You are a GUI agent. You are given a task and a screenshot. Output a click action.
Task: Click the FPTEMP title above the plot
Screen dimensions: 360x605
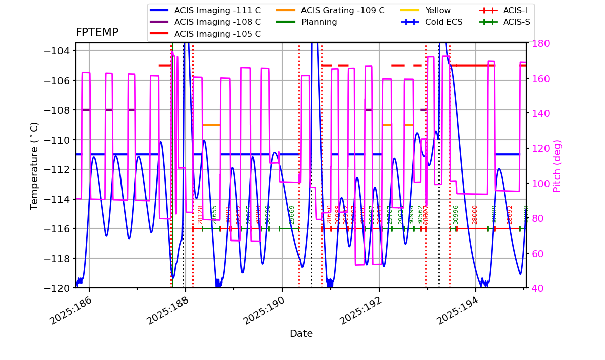pyautogui.click(x=97, y=33)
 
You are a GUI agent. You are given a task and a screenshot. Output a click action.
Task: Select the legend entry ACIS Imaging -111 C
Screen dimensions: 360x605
pyautogui.click(x=217, y=10)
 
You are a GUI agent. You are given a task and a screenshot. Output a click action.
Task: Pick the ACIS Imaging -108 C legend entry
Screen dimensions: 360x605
pyautogui.click(x=217, y=22)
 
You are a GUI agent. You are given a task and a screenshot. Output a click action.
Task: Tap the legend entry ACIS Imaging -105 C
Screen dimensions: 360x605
pyautogui.click(x=217, y=34)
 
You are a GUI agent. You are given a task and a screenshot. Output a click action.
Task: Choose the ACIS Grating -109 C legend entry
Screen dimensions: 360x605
pyautogui.click(x=342, y=10)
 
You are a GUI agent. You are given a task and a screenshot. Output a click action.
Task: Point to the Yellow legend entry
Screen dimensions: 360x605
pyautogui.click(x=438, y=10)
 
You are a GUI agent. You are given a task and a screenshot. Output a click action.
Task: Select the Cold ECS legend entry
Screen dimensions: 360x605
pyautogui.click(x=444, y=22)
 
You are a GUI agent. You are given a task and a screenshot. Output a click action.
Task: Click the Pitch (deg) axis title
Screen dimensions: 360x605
pyautogui.click(x=557, y=165)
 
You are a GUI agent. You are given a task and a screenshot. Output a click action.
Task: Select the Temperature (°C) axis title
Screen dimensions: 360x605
pyautogui.click(x=35, y=165)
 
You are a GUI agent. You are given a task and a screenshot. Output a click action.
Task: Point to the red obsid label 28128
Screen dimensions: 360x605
pyautogui.click(x=200, y=214)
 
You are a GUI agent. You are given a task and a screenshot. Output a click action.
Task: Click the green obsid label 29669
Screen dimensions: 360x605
pyautogui.click(x=292, y=214)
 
